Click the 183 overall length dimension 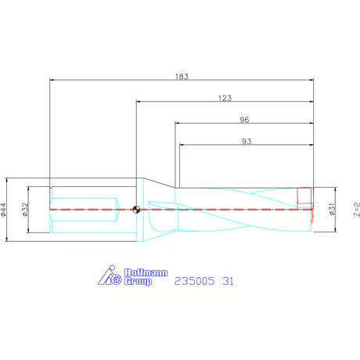[182, 76]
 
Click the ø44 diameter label [5, 209]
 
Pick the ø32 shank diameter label [25, 209]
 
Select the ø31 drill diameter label [331, 209]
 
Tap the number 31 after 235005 [229, 279]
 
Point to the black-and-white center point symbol [136, 209]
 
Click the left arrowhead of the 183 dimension [52, 80]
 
